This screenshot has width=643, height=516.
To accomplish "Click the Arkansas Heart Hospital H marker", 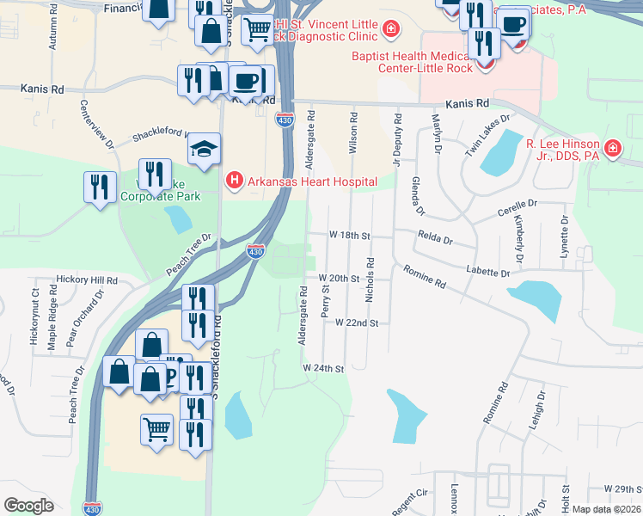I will (x=233, y=181).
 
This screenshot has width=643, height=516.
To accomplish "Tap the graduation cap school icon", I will (x=205, y=149).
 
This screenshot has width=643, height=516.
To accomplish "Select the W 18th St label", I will (x=349, y=235).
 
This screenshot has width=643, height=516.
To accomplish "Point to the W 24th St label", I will (x=323, y=368).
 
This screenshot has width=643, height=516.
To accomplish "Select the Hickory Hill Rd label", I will (x=86, y=280).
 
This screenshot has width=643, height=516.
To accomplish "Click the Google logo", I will (x=28, y=506).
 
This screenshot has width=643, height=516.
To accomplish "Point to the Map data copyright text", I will (x=607, y=509).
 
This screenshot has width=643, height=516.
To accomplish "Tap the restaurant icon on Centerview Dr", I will (x=100, y=186).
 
